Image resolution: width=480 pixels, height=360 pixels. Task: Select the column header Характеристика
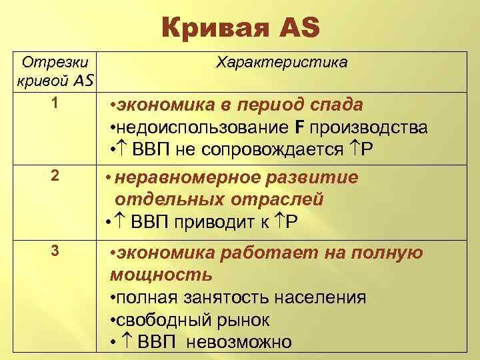click(281, 62)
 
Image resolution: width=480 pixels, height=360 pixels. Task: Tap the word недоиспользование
click(201, 127)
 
